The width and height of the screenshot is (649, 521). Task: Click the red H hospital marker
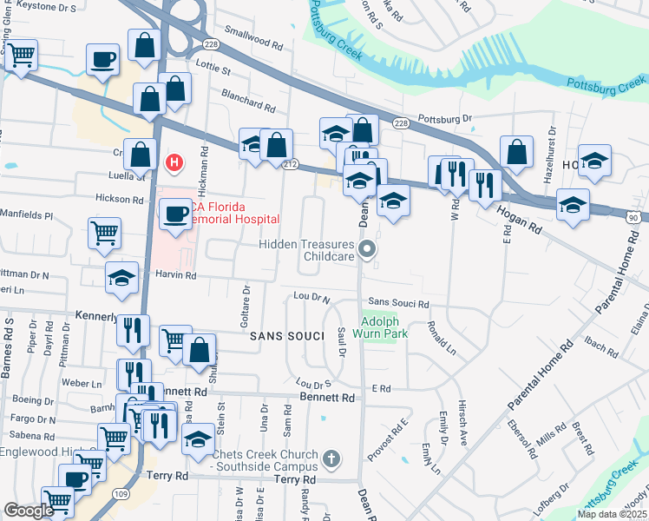174,162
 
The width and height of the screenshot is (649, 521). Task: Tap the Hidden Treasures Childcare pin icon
368,250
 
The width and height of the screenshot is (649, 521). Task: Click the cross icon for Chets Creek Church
331,458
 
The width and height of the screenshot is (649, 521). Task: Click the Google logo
28,511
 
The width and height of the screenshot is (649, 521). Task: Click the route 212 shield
291,164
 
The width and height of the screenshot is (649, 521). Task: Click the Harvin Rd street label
177,275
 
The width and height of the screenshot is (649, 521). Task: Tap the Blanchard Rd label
248,101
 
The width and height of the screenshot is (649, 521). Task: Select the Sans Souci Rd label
399,304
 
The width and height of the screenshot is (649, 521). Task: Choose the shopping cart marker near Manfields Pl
104,233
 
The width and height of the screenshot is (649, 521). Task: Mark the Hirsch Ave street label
461,432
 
